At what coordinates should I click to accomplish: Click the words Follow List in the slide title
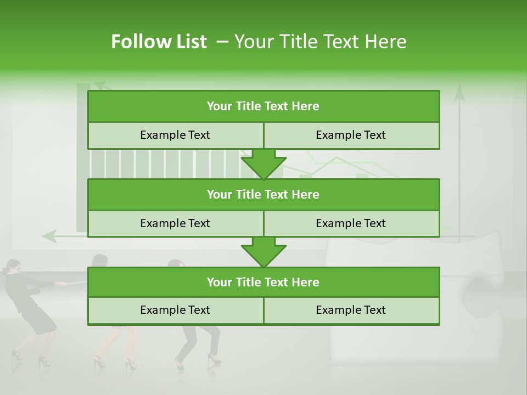pyautogui.click(x=159, y=42)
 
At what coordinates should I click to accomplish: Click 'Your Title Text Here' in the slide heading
pyautogui.click(x=321, y=42)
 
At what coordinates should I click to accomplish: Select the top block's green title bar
pyautogui.click(x=263, y=106)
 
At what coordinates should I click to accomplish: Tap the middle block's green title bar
pyautogui.click(x=263, y=194)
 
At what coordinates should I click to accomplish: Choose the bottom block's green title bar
pyautogui.click(x=263, y=282)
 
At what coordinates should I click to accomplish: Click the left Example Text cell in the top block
pyautogui.click(x=175, y=135)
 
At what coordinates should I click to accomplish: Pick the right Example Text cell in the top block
pyautogui.click(x=351, y=135)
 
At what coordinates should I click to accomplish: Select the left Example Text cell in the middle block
pyautogui.click(x=175, y=223)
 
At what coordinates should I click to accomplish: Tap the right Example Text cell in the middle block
pyautogui.click(x=351, y=223)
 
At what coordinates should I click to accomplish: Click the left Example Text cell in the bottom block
pyautogui.click(x=175, y=310)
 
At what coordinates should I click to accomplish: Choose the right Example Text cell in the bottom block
pyautogui.click(x=351, y=310)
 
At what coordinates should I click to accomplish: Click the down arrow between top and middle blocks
pyautogui.click(x=263, y=165)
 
